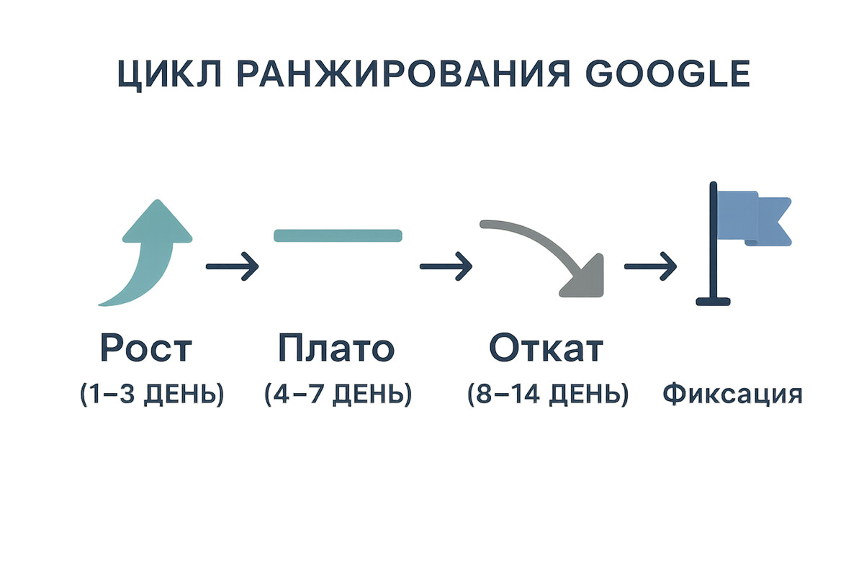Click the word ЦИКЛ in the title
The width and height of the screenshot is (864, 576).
pyautogui.click(x=170, y=75)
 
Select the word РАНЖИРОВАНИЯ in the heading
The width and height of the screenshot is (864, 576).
pyautogui.click(x=403, y=73)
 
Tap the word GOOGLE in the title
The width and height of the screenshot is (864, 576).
pyautogui.click(x=667, y=73)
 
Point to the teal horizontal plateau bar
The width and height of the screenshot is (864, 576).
pyautogui.click(x=338, y=235)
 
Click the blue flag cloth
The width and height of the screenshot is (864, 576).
pyautogui.click(x=753, y=218)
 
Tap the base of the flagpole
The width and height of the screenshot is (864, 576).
pyautogui.click(x=713, y=302)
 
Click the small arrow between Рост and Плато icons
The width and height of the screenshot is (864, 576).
pyautogui.click(x=232, y=266)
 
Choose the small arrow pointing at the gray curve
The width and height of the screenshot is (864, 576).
pyautogui.click(x=446, y=266)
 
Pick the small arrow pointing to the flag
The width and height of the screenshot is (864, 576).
pyautogui.click(x=650, y=266)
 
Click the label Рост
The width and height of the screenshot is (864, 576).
pyautogui.click(x=145, y=348)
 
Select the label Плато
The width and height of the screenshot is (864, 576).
pyautogui.click(x=336, y=348)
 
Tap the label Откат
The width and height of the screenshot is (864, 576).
pyautogui.click(x=546, y=348)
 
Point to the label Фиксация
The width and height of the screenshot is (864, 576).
pyautogui.click(x=732, y=394)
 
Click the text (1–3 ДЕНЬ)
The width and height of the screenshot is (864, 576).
pyautogui.click(x=152, y=395)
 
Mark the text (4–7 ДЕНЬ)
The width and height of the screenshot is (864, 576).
pyautogui.click(x=338, y=395)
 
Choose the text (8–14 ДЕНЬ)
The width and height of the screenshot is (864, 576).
pyautogui.click(x=548, y=395)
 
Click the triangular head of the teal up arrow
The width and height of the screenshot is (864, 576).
pyautogui.click(x=158, y=224)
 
